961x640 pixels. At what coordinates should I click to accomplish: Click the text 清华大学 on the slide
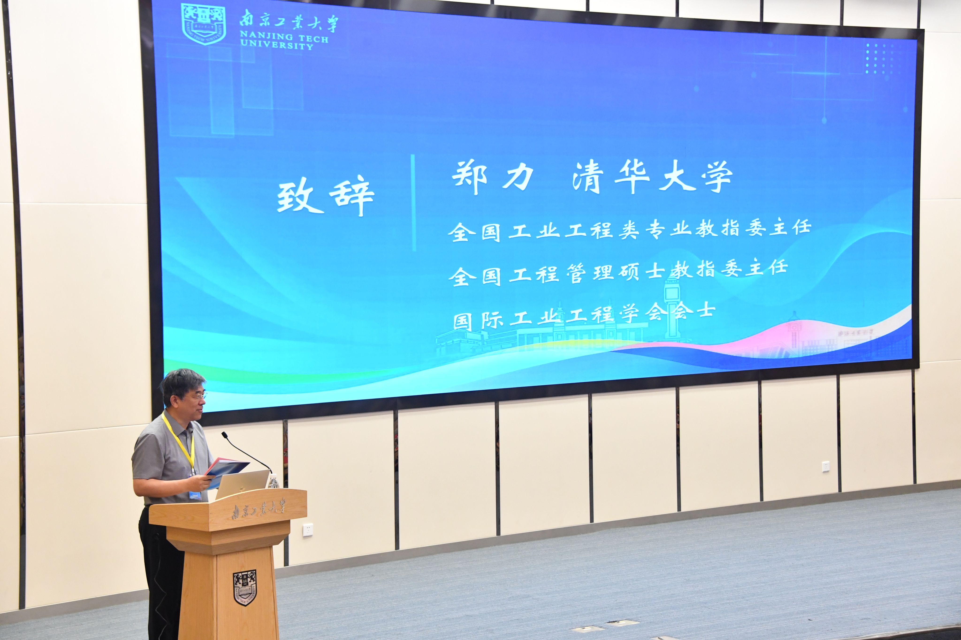(652, 176)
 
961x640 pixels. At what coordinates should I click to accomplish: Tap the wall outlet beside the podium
(308, 530)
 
